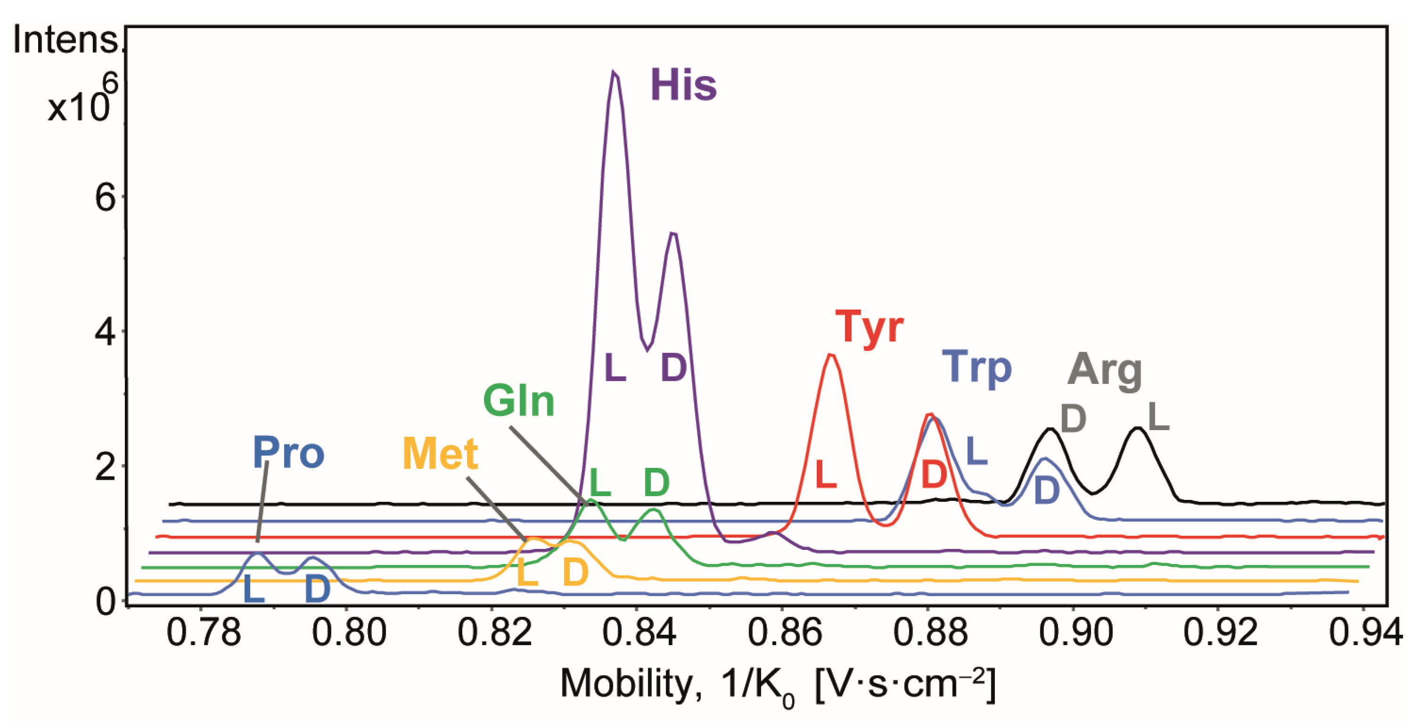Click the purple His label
tap(683, 85)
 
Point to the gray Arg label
tap(1104, 371)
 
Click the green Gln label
tap(518, 401)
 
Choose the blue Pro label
tap(288, 453)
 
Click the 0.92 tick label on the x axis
tap(1219, 633)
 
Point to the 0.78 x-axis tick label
tap(203, 633)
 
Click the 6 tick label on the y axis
tap(105, 198)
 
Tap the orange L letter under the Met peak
tap(527, 573)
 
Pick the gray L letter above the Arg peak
tap(1158, 417)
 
